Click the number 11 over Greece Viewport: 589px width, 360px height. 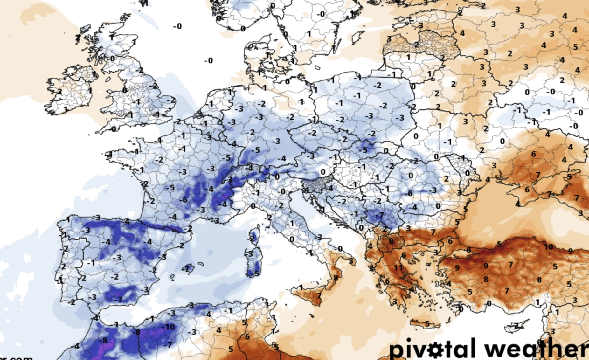coord(398,268)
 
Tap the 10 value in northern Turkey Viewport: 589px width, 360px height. coord(548,246)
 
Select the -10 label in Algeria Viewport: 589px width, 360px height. coord(169,327)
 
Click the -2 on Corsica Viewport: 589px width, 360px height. coord(252,239)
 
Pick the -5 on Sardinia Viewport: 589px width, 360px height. coord(255,273)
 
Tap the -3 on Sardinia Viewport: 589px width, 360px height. coord(250,254)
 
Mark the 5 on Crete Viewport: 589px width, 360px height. coord(427,324)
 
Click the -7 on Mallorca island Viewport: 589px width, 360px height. coord(187,269)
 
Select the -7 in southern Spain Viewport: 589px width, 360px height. coord(119,299)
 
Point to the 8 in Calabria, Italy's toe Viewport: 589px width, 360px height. coord(336,278)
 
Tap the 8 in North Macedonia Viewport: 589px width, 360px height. coord(391,241)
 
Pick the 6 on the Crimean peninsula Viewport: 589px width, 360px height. coord(527,190)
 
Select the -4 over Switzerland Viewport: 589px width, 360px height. coord(250,168)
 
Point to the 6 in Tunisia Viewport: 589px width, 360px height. coord(247,336)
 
